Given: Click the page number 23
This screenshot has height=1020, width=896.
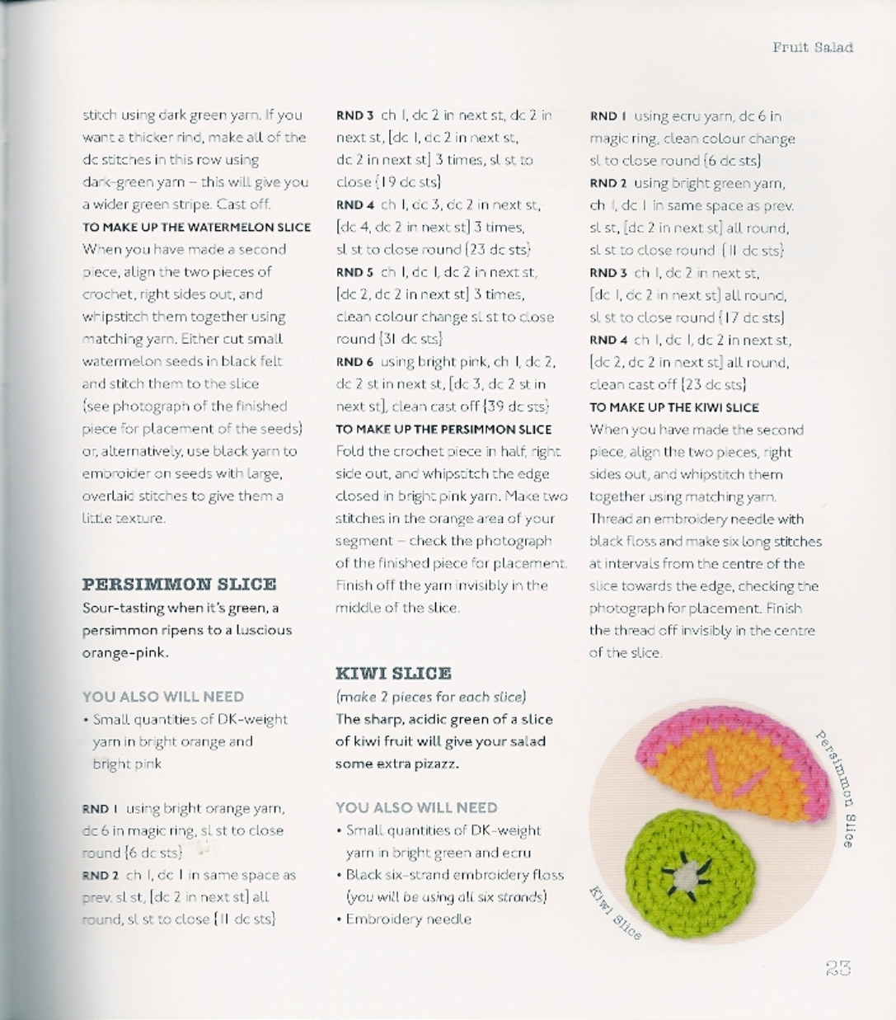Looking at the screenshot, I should (837, 968).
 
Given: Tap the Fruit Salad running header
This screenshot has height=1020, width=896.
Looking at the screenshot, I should (812, 48).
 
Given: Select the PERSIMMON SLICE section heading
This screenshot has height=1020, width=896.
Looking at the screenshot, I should (179, 585).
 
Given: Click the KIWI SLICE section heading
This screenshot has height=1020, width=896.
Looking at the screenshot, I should (393, 673).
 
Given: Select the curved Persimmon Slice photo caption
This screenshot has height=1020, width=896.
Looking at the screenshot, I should (836, 787).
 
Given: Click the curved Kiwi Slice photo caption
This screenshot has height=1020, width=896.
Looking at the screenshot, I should (615, 912).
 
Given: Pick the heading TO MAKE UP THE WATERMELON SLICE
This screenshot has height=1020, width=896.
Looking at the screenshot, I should (196, 228).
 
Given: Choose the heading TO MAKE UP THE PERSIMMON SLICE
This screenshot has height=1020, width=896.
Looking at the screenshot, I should (443, 430).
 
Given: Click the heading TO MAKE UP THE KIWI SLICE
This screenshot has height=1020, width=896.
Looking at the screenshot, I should (674, 407).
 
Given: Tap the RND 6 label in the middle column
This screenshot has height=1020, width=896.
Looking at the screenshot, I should (354, 362).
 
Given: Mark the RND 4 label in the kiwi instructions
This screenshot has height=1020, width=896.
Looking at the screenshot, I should (608, 340).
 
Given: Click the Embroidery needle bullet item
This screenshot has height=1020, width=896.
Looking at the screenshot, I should (408, 919).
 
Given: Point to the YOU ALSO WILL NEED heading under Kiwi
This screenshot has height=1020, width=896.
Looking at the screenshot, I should (416, 807).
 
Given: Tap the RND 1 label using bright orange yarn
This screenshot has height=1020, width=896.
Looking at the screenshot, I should (101, 809).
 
